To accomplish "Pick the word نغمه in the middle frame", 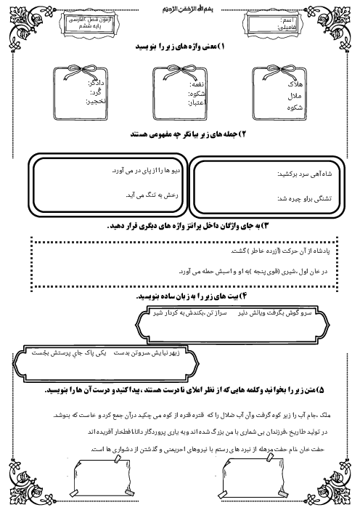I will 195,84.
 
